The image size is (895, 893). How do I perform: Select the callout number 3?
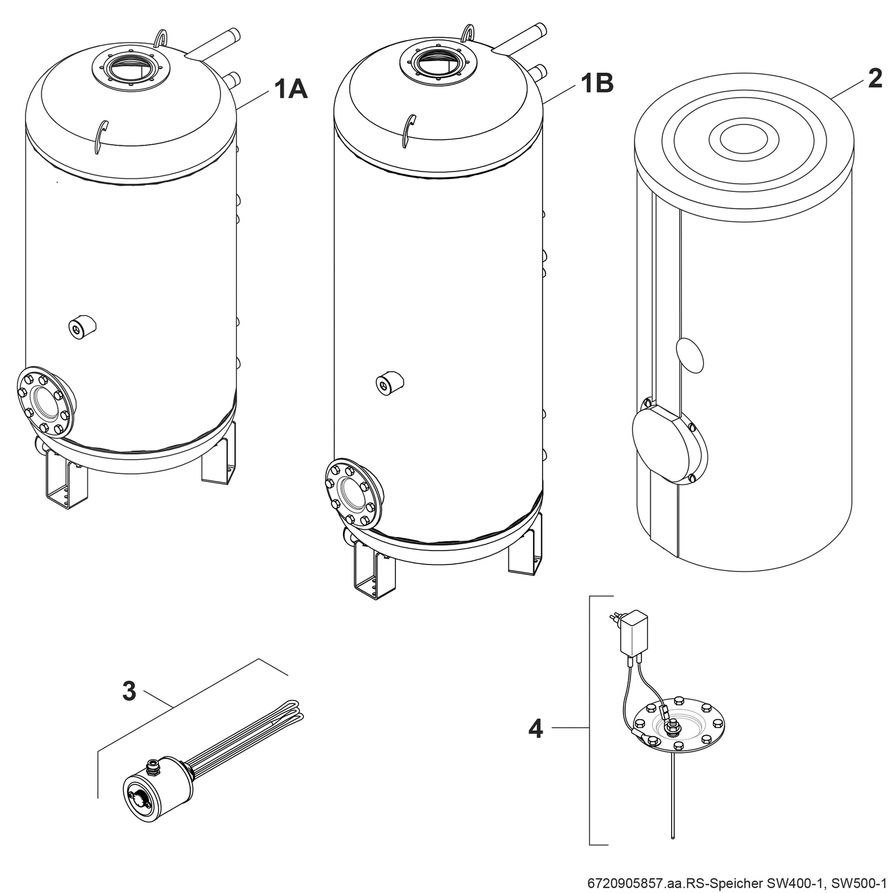pyautogui.click(x=129, y=692)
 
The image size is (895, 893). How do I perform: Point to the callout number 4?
pyautogui.click(x=535, y=728)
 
